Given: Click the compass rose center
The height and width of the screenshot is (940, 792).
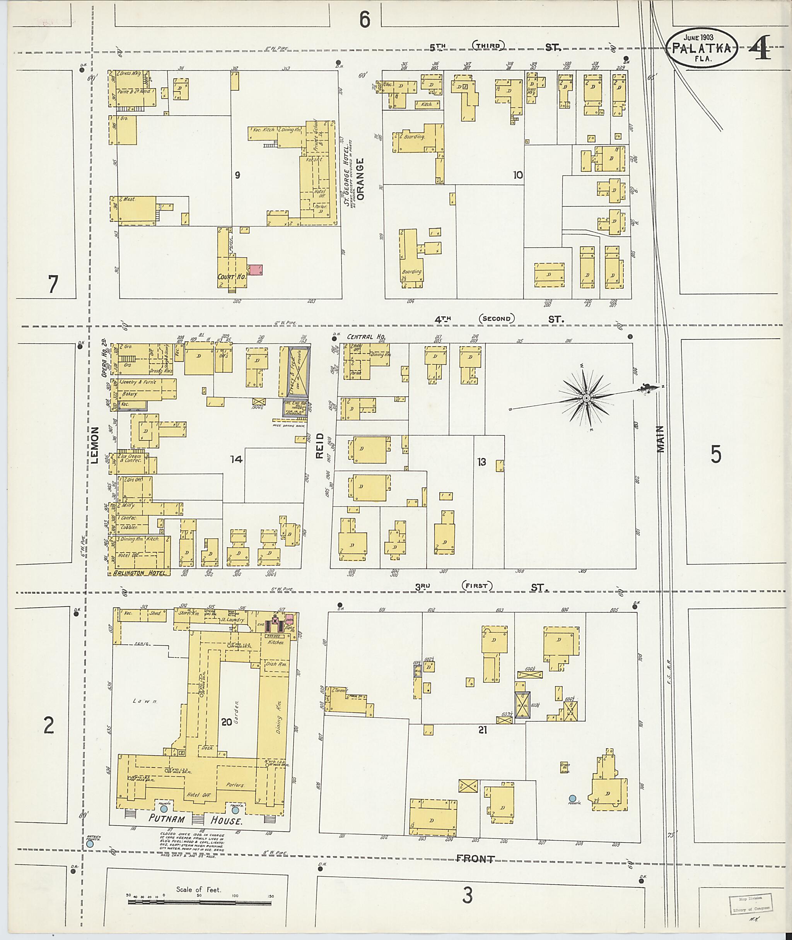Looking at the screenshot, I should point(586,398).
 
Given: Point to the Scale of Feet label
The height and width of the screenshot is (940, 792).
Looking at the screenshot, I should point(198,889).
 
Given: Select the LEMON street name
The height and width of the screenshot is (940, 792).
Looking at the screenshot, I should point(94,445).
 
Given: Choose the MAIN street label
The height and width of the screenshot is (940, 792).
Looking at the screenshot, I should point(661,439).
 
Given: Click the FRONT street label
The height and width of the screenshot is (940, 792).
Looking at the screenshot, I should point(475,858).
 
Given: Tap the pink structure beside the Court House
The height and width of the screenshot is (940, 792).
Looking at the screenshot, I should point(256,270).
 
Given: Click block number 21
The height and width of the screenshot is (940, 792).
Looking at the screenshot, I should point(483,730).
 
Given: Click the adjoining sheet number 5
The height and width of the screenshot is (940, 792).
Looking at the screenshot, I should point(716,455).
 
